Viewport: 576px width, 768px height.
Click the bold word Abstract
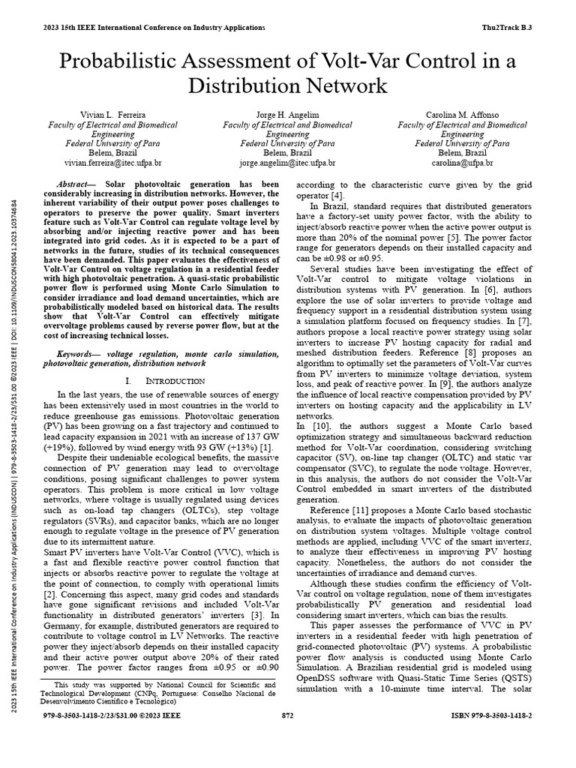coord(76,184)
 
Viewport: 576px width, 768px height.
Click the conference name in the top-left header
coord(154,28)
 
